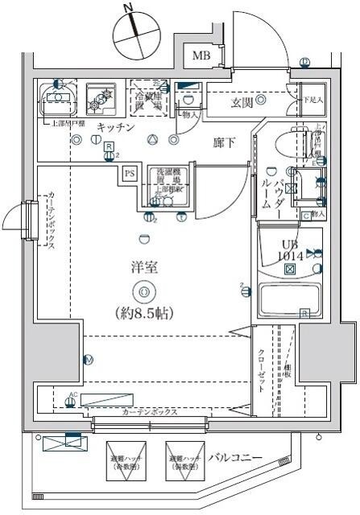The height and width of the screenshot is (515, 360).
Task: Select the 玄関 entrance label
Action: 243,101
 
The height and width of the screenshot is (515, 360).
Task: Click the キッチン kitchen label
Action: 116,128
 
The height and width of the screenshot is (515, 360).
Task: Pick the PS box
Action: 130,172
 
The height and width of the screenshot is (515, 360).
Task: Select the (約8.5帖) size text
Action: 143,311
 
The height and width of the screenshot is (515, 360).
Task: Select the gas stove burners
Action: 101,100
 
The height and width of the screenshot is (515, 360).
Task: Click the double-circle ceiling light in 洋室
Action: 143,292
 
